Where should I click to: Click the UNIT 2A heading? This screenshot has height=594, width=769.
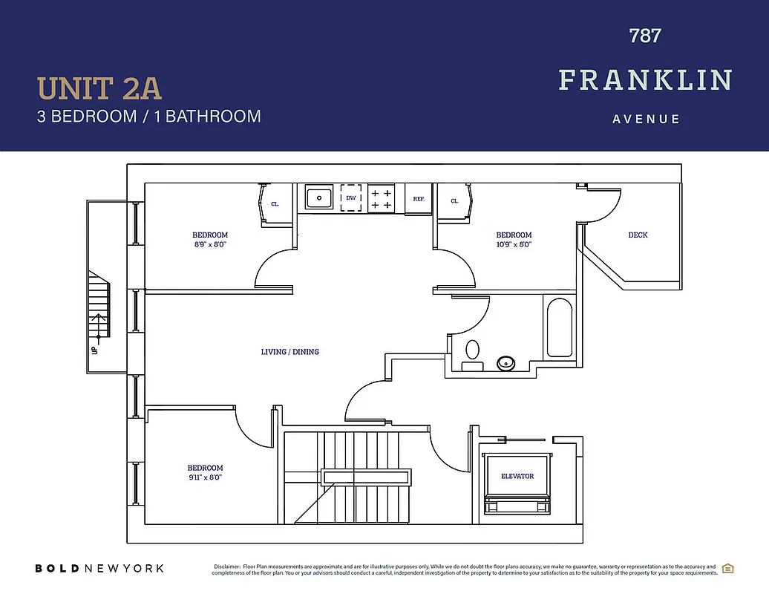99,88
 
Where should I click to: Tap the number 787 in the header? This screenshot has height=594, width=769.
645,36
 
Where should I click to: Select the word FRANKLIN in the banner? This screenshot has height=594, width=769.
645,79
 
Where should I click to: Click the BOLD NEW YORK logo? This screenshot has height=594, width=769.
99,568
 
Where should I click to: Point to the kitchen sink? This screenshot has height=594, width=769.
319,198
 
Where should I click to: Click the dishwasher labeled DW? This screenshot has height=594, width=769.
352,198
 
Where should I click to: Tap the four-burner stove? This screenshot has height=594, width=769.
382,198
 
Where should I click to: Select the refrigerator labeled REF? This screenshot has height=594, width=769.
419,199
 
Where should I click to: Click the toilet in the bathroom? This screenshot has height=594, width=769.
472,353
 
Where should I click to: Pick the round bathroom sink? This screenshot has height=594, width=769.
505,363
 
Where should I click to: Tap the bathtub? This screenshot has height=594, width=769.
559,327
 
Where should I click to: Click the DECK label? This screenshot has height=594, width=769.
638,235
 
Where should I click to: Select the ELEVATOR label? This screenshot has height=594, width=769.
517,476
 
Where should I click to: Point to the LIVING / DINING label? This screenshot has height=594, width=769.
290,351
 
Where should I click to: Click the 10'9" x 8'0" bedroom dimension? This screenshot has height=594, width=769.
514,244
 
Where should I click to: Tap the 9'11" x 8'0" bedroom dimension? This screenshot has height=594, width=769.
205,477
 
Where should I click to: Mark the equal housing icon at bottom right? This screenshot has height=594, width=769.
728,569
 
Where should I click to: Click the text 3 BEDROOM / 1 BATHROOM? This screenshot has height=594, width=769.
149,117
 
